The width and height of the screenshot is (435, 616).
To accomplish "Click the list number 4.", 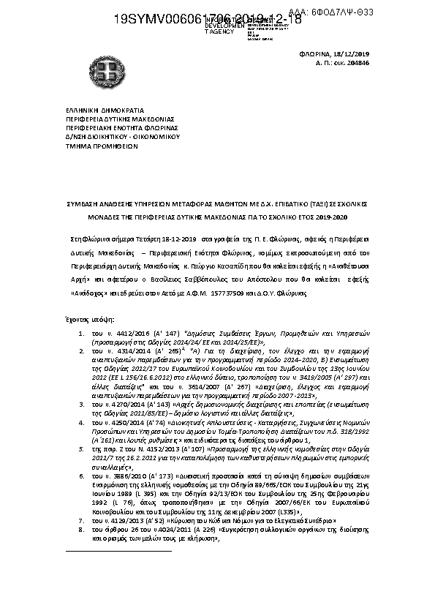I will click(x=83, y=402).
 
